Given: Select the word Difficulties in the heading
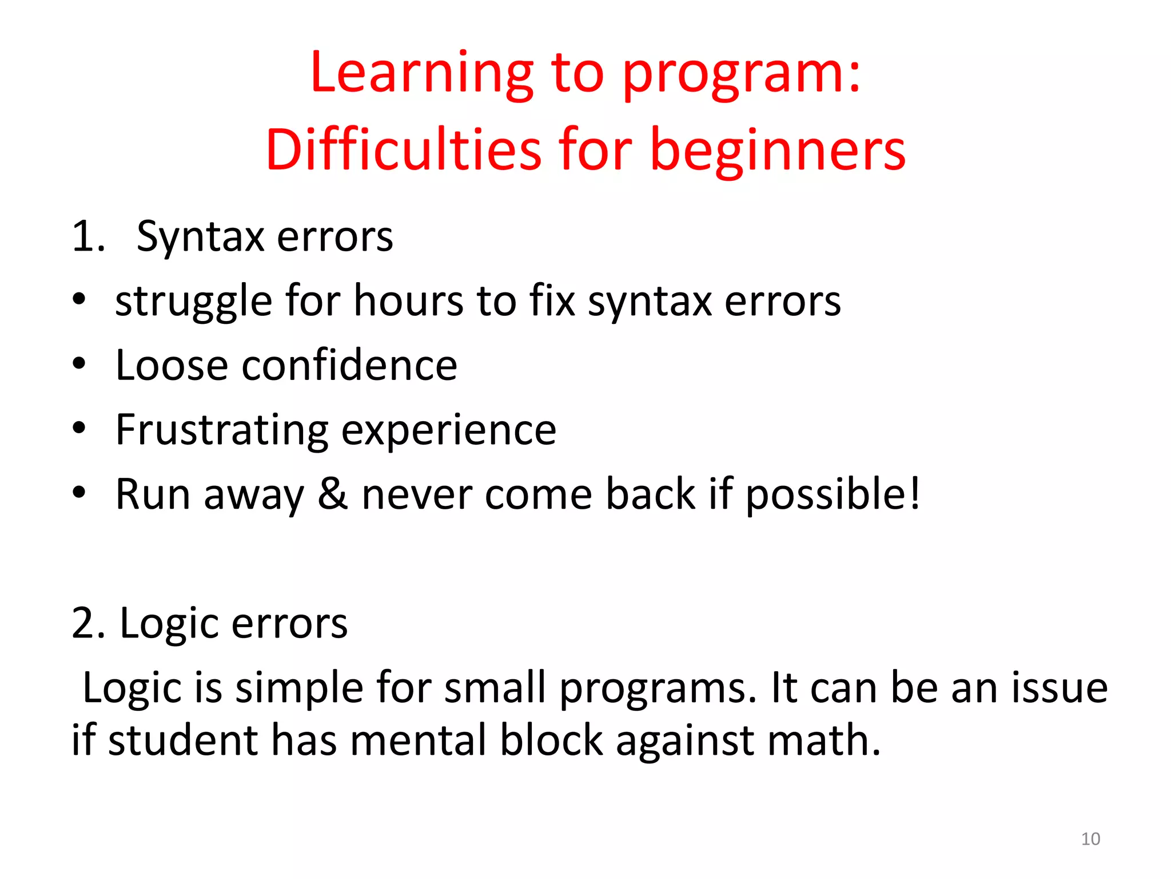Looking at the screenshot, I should [x=403, y=150].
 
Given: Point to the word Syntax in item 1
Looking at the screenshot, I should [x=200, y=237].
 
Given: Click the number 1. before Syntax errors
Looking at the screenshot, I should [x=88, y=237].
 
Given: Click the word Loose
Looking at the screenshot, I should [x=172, y=365].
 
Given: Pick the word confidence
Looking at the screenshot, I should [x=349, y=365].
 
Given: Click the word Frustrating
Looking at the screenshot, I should [x=222, y=430].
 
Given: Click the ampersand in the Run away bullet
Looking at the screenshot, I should [x=332, y=494].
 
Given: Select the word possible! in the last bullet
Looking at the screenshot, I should [x=833, y=495].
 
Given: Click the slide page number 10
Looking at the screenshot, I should [x=1090, y=839].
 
